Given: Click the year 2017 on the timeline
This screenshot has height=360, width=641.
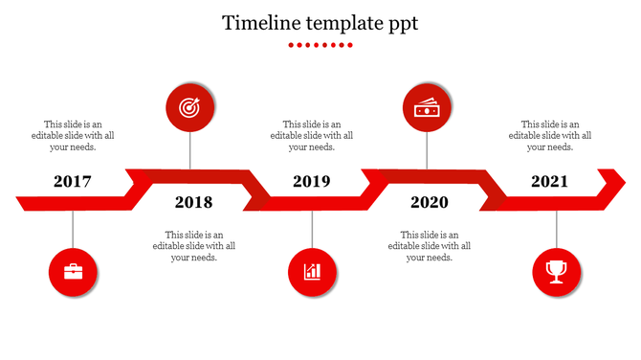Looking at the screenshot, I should coord(73,181).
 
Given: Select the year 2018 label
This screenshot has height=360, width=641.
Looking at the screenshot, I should coord(193,202).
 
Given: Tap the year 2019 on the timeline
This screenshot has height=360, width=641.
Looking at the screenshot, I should coord(311,181).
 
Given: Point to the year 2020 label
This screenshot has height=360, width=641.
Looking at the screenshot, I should coord(429,202).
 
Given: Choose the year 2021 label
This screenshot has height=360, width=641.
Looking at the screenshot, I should coord(549,181).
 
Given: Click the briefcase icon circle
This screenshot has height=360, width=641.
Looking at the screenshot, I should coord(74,272).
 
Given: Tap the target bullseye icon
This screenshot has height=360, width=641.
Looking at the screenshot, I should coord(189,109).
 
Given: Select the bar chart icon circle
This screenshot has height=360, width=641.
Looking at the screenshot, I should coord(313,272).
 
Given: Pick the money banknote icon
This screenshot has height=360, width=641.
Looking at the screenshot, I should coord(427,109).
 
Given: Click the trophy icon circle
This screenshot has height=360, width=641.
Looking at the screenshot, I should coord(556,272).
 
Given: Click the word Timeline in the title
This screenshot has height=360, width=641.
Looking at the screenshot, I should coord(257,23).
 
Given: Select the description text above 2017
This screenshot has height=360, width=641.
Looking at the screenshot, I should coord(73,135).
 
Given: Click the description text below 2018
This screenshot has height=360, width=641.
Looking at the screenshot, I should coord(194,245).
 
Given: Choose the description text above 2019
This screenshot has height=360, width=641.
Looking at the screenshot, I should coord(312,135).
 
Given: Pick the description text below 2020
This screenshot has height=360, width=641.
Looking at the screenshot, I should coord(430,245).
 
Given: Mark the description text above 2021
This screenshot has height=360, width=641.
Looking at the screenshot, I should coord(549,135).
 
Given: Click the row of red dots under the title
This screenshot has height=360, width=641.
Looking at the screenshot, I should coord(320,45).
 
